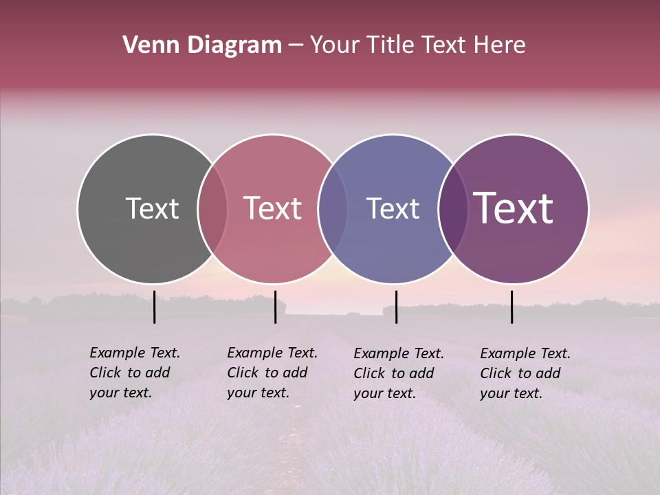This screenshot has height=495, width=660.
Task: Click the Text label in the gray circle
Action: [152, 208]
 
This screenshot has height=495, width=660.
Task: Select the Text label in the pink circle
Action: [273, 208]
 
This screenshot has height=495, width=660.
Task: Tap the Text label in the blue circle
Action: [393, 208]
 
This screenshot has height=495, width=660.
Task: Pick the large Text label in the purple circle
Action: [514, 208]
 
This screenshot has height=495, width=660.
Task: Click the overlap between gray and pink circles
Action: [212, 208]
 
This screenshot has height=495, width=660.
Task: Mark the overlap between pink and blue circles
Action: [333, 208]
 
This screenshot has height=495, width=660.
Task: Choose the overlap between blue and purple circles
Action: [452, 208]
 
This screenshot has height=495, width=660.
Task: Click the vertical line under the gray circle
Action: [155, 307]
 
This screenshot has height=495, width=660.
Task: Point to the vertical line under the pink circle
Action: [275, 307]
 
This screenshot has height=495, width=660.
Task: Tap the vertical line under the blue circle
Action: [396, 307]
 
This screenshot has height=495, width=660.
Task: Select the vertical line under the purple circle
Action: [512, 307]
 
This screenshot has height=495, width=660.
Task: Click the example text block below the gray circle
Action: [134, 373]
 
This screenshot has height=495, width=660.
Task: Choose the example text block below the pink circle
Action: [272, 373]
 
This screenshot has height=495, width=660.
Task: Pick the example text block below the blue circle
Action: [398, 373]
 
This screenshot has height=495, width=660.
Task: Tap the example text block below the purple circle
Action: [525, 373]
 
